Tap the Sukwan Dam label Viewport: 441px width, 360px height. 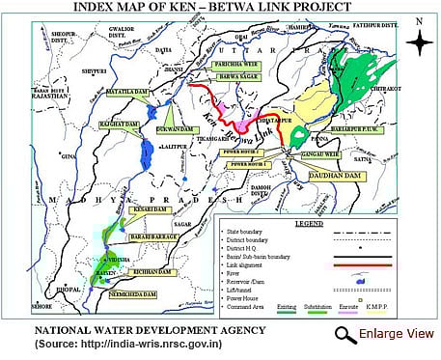[x=167, y=125]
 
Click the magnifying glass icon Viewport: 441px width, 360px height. [x=345, y=334]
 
